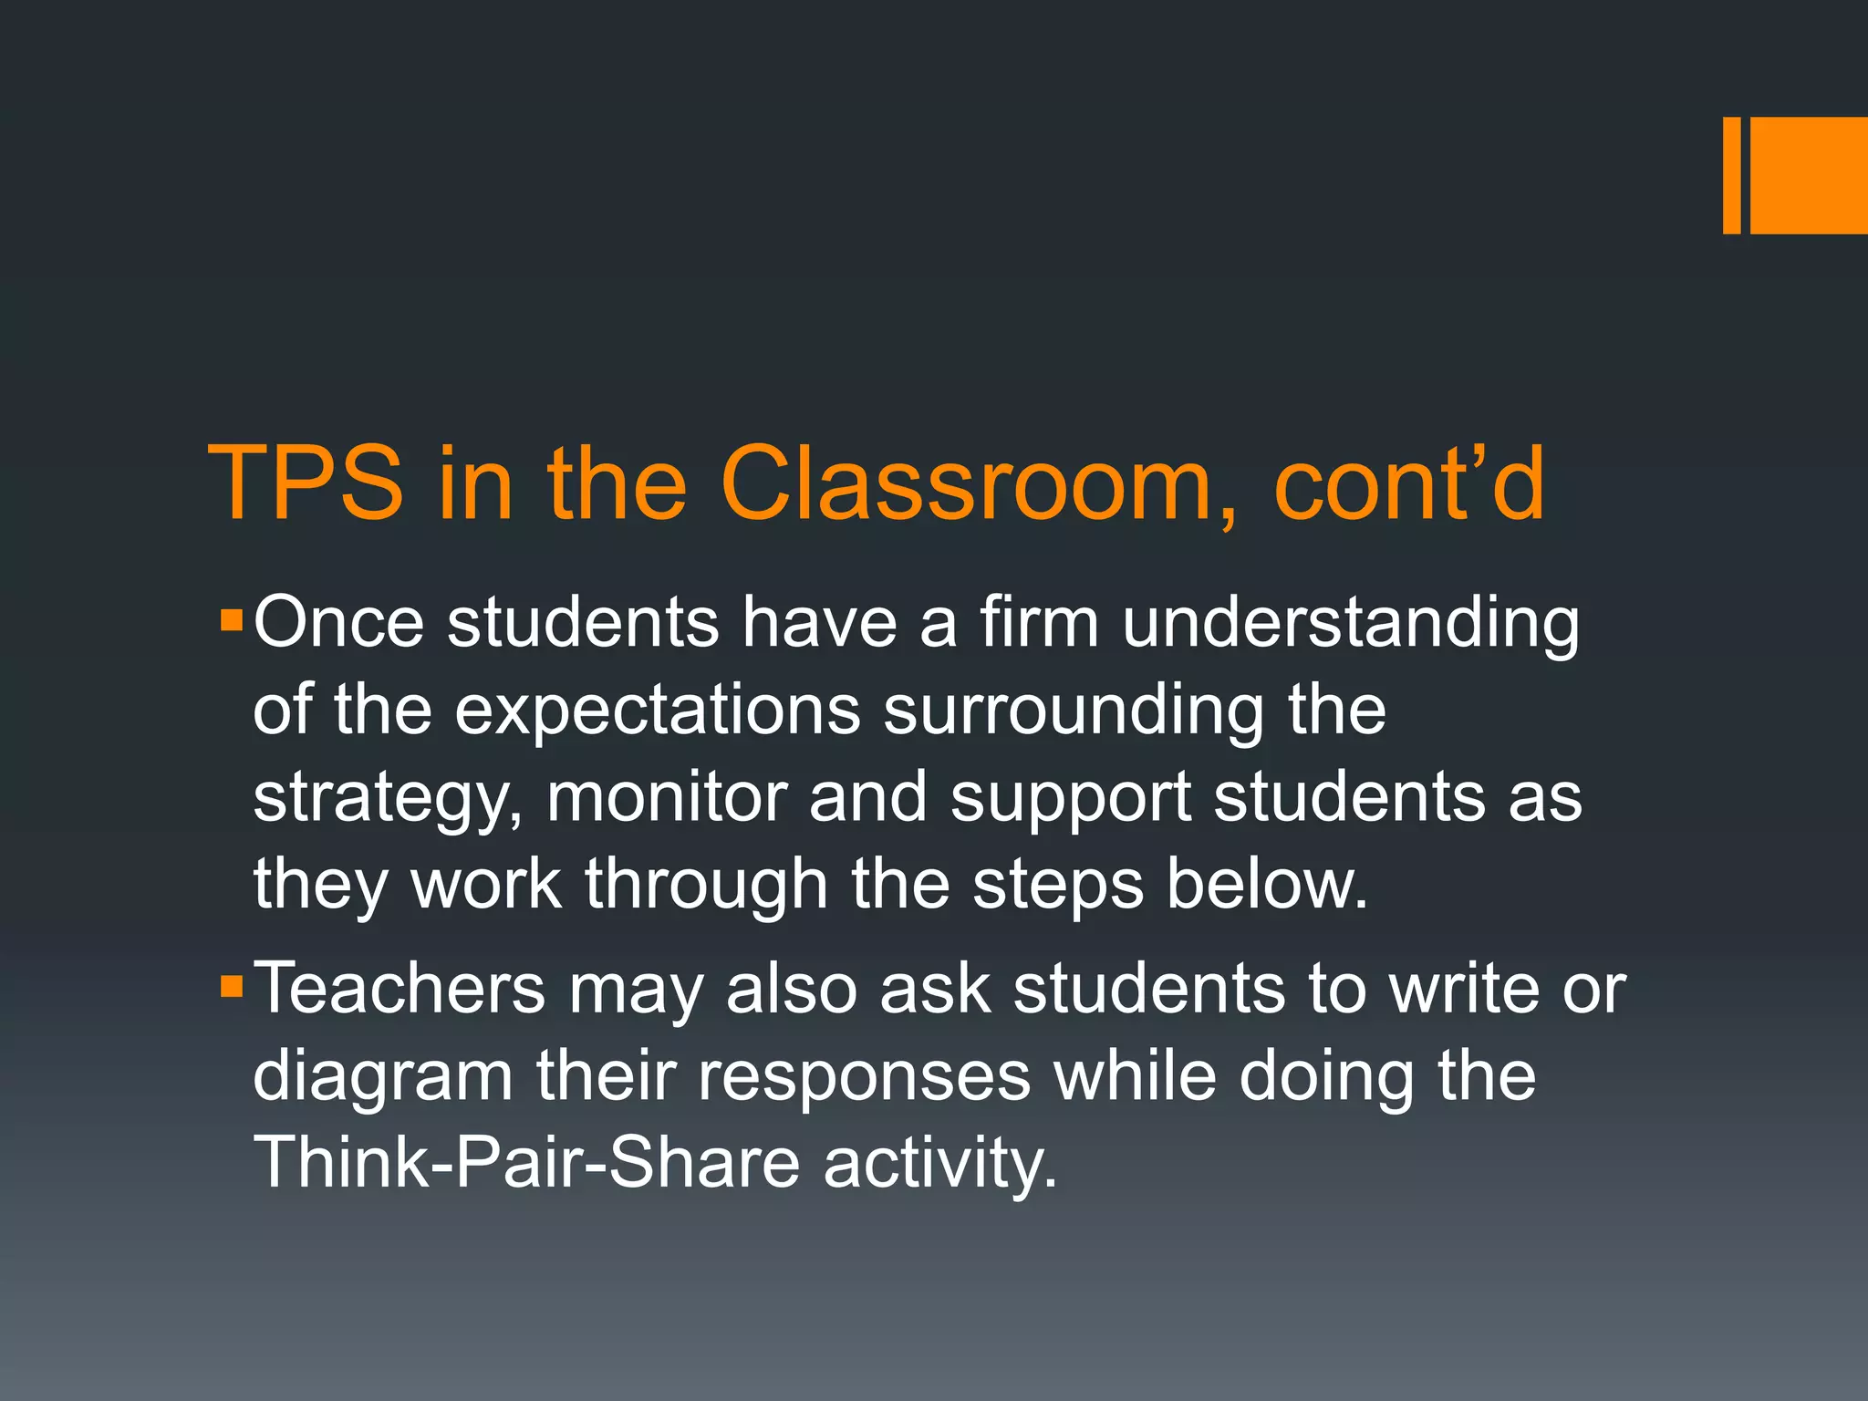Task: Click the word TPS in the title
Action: coord(306,483)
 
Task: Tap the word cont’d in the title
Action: coord(1408,483)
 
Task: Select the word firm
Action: coord(1039,622)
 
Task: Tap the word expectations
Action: coord(657,712)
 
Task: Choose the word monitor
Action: coord(666,797)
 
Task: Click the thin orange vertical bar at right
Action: coord(1731,175)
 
